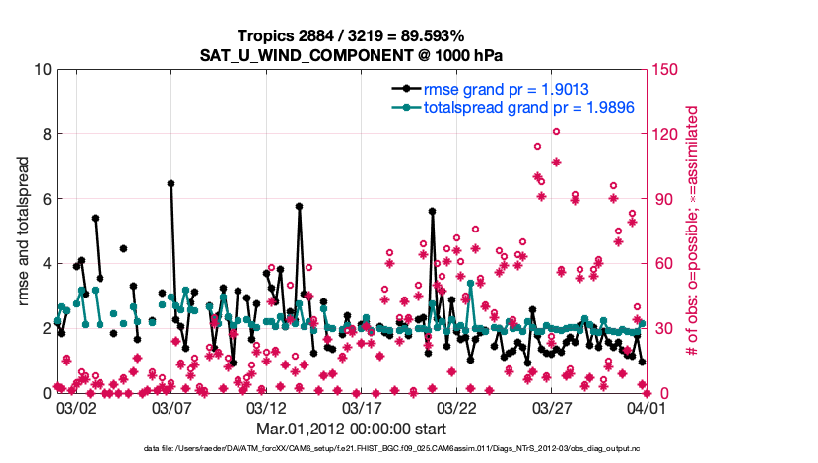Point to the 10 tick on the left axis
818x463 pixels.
pos(40,69)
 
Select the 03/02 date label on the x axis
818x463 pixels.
pos(76,407)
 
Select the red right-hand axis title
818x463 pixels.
pos(692,231)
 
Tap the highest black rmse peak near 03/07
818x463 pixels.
pos(170,183)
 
